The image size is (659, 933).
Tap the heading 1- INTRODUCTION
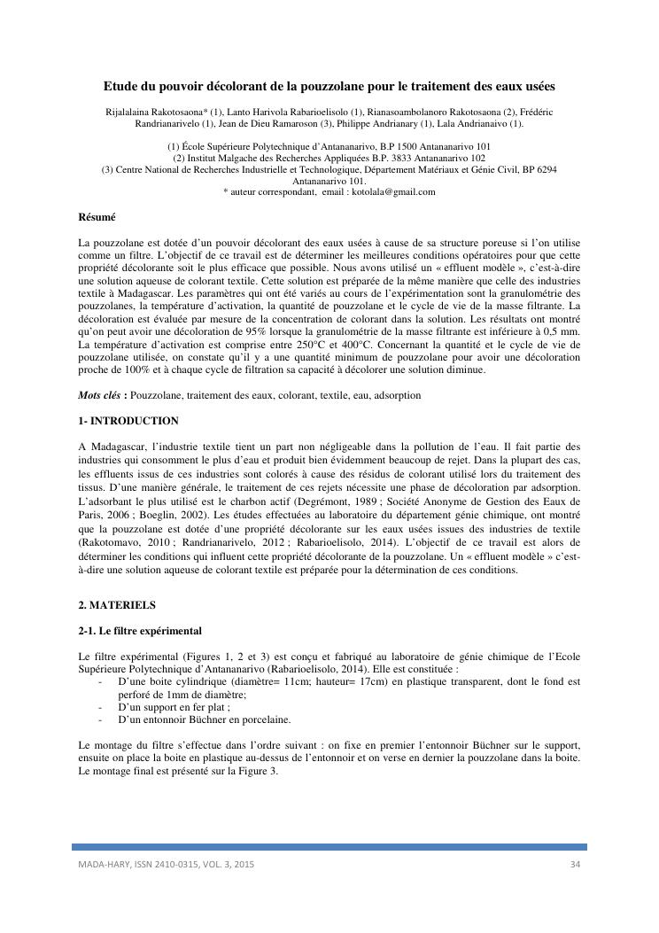(x=128, y=421)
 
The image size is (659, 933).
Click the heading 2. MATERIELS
(x=117, y=605)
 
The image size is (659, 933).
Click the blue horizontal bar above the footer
(x=329, y=847)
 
